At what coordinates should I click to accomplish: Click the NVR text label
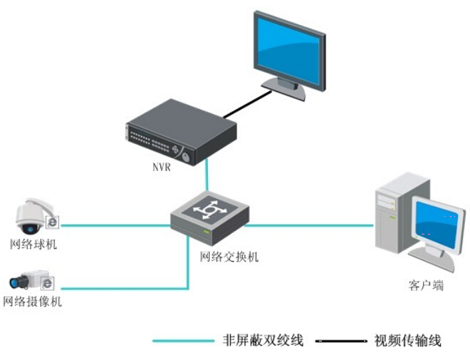point(162,167)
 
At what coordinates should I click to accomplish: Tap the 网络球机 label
point(33,245)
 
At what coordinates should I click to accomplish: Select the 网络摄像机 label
point(32,302)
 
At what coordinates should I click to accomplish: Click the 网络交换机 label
point(229,257)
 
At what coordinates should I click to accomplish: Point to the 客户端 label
point(426,285)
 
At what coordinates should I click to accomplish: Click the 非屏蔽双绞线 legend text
point(263,340)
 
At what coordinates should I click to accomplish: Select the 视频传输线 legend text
point(407,341)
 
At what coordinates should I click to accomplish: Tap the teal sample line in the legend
point(184,341)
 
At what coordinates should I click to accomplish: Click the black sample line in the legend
point(341,341)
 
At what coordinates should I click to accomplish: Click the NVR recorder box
point(181,132)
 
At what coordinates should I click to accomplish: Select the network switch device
point(210,218)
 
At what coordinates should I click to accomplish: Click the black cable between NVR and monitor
point(247,104)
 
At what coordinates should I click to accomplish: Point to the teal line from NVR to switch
point(207,175)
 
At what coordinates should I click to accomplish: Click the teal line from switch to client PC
point(309,225)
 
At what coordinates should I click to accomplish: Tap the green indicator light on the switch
point(207,232)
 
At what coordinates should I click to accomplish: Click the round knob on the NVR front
point(186,157)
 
